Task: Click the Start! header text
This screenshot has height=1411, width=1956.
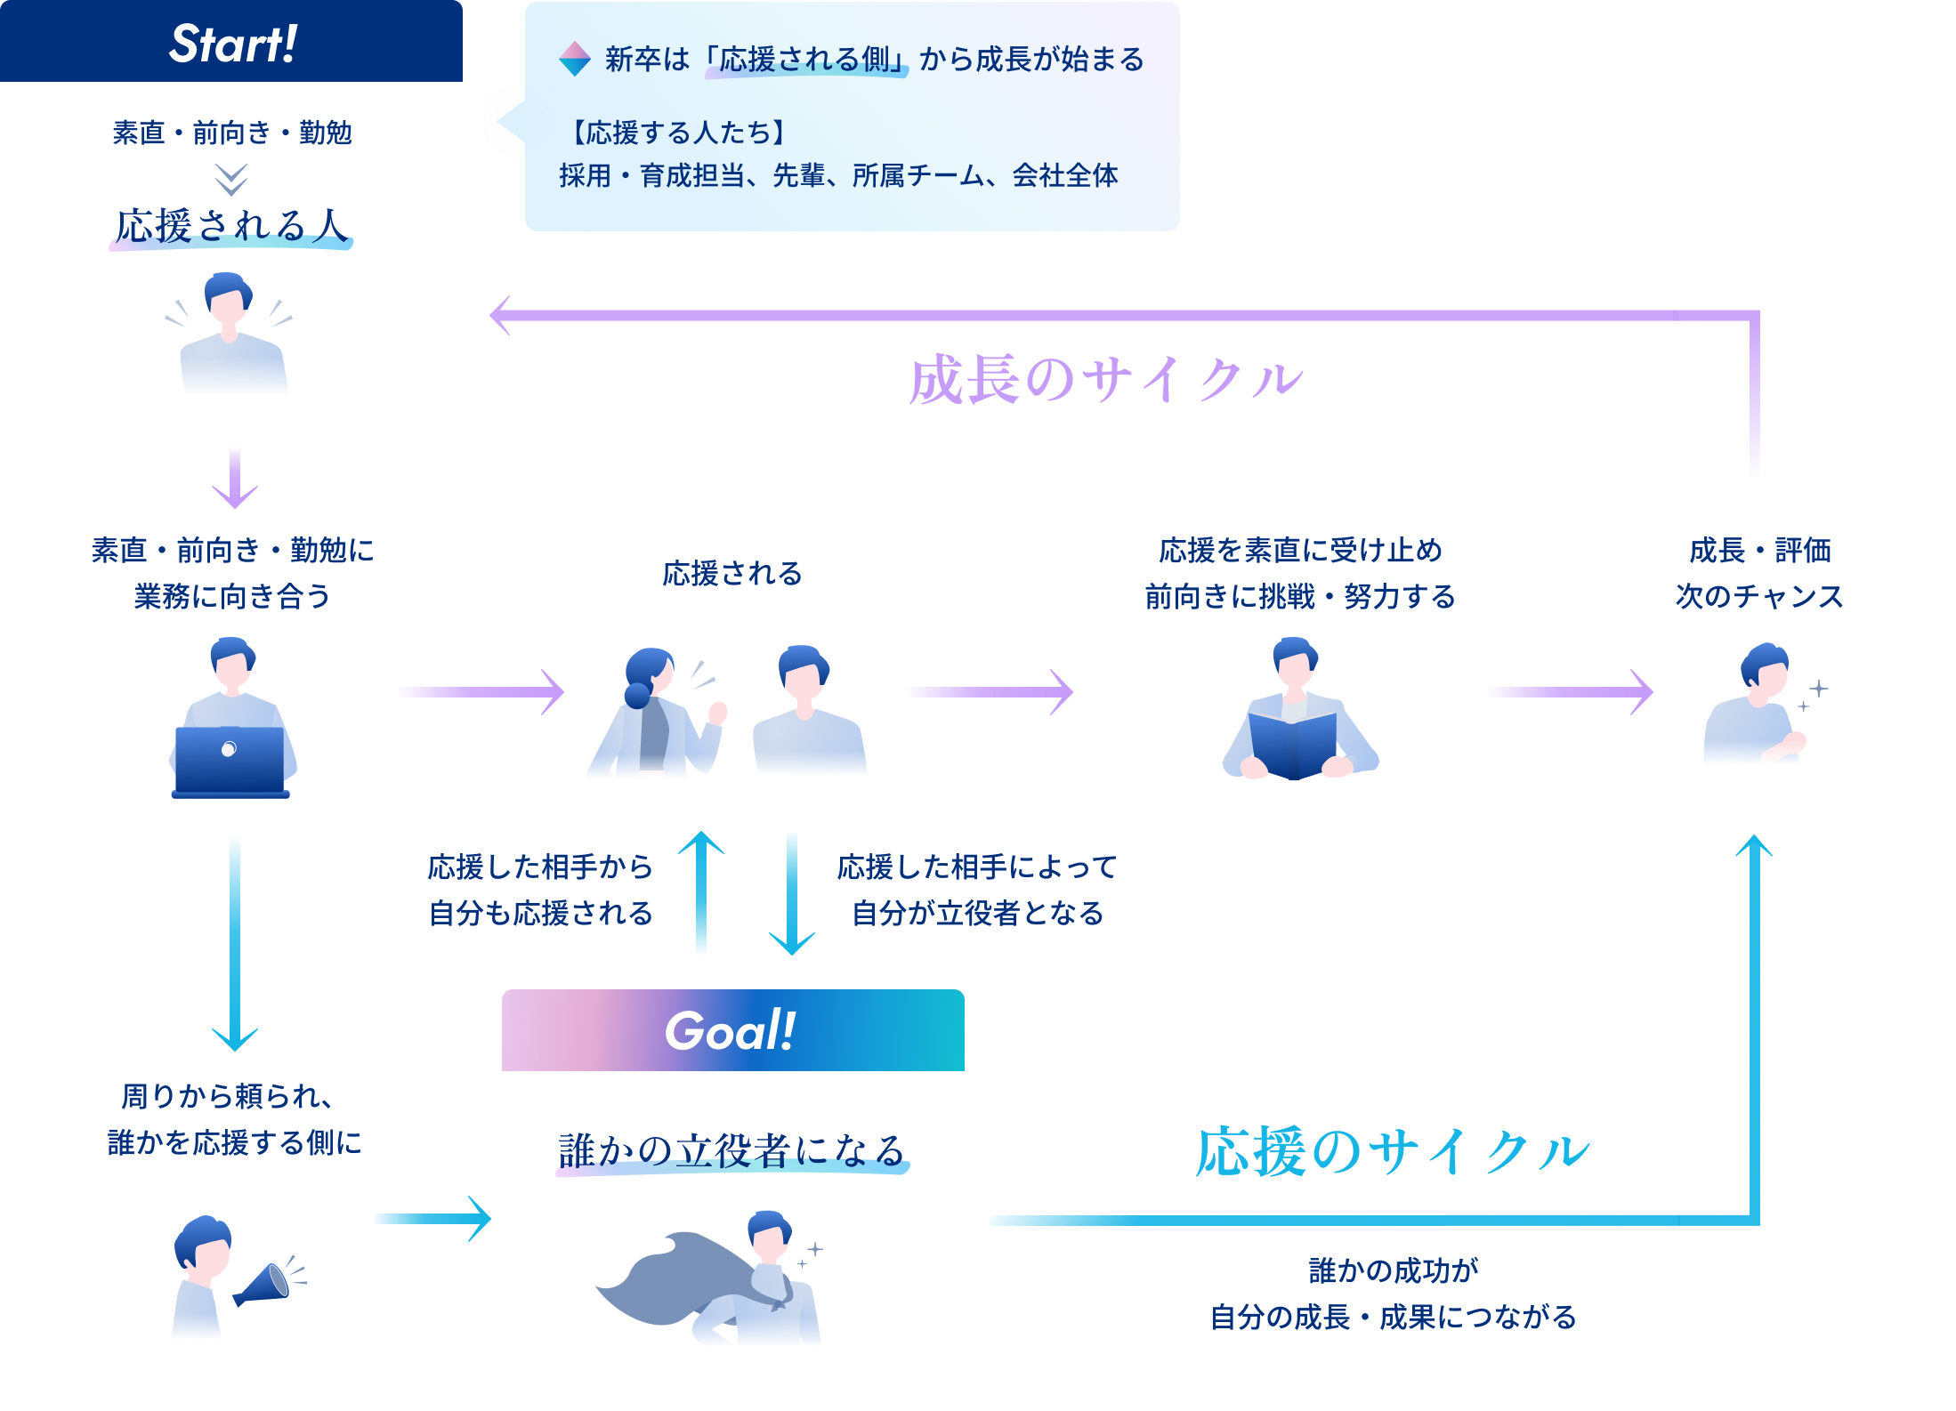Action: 233,44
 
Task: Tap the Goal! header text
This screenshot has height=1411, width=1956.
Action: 731,1031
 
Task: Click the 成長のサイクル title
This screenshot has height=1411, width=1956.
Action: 1105,380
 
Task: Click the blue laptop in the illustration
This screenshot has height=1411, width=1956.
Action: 230,761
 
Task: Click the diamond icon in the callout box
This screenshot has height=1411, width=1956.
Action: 575,59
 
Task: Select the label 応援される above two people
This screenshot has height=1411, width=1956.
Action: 731,574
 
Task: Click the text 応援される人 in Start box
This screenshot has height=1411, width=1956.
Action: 231,226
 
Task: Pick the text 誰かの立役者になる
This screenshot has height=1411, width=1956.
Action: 731,1151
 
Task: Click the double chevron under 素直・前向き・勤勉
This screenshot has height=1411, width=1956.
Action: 231,179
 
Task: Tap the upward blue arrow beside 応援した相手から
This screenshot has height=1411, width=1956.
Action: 701,890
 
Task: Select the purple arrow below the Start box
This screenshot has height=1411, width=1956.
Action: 235,478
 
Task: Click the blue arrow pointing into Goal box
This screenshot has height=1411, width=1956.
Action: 432,1219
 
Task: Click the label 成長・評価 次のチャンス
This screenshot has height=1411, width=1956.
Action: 1759,573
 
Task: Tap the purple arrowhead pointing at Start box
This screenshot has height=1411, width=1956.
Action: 501,315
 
